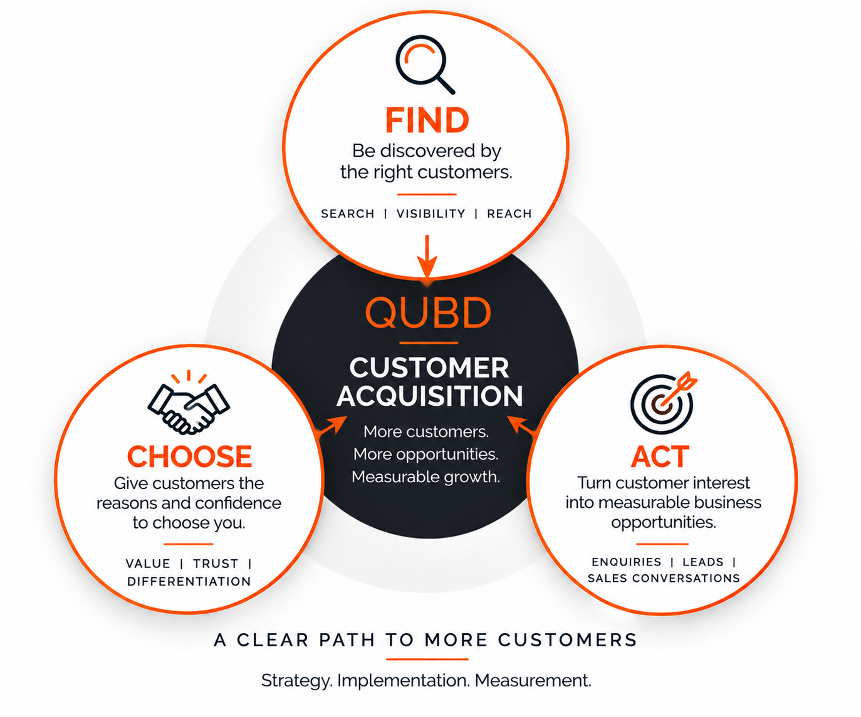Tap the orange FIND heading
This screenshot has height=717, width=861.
pos(427,120)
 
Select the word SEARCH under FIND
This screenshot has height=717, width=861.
pos(348,214)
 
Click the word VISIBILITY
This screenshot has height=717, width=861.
pos(431,214)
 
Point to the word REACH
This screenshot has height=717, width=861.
pos(509,214)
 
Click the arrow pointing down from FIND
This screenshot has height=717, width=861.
pos(427,256)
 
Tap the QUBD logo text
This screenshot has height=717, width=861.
pos(429,312)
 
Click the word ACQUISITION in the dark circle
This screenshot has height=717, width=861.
pos(430,396)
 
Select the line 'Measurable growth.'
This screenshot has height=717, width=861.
pos(425,477)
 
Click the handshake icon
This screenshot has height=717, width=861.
pos(189,403)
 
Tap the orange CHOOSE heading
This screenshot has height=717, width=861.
pos(189,457)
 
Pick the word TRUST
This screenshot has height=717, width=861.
pos(216,564)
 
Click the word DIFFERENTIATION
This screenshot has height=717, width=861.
pos(189,582)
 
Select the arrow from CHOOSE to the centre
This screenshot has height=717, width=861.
pos(332,426)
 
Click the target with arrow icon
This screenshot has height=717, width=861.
pos(662,403)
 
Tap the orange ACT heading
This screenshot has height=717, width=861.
pos(660,457)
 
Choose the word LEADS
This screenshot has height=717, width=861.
pos(703,562)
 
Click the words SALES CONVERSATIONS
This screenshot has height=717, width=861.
pos(664,578)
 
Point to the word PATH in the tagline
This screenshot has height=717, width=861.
pos(347,640)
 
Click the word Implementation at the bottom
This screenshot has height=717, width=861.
pos(403,681)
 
